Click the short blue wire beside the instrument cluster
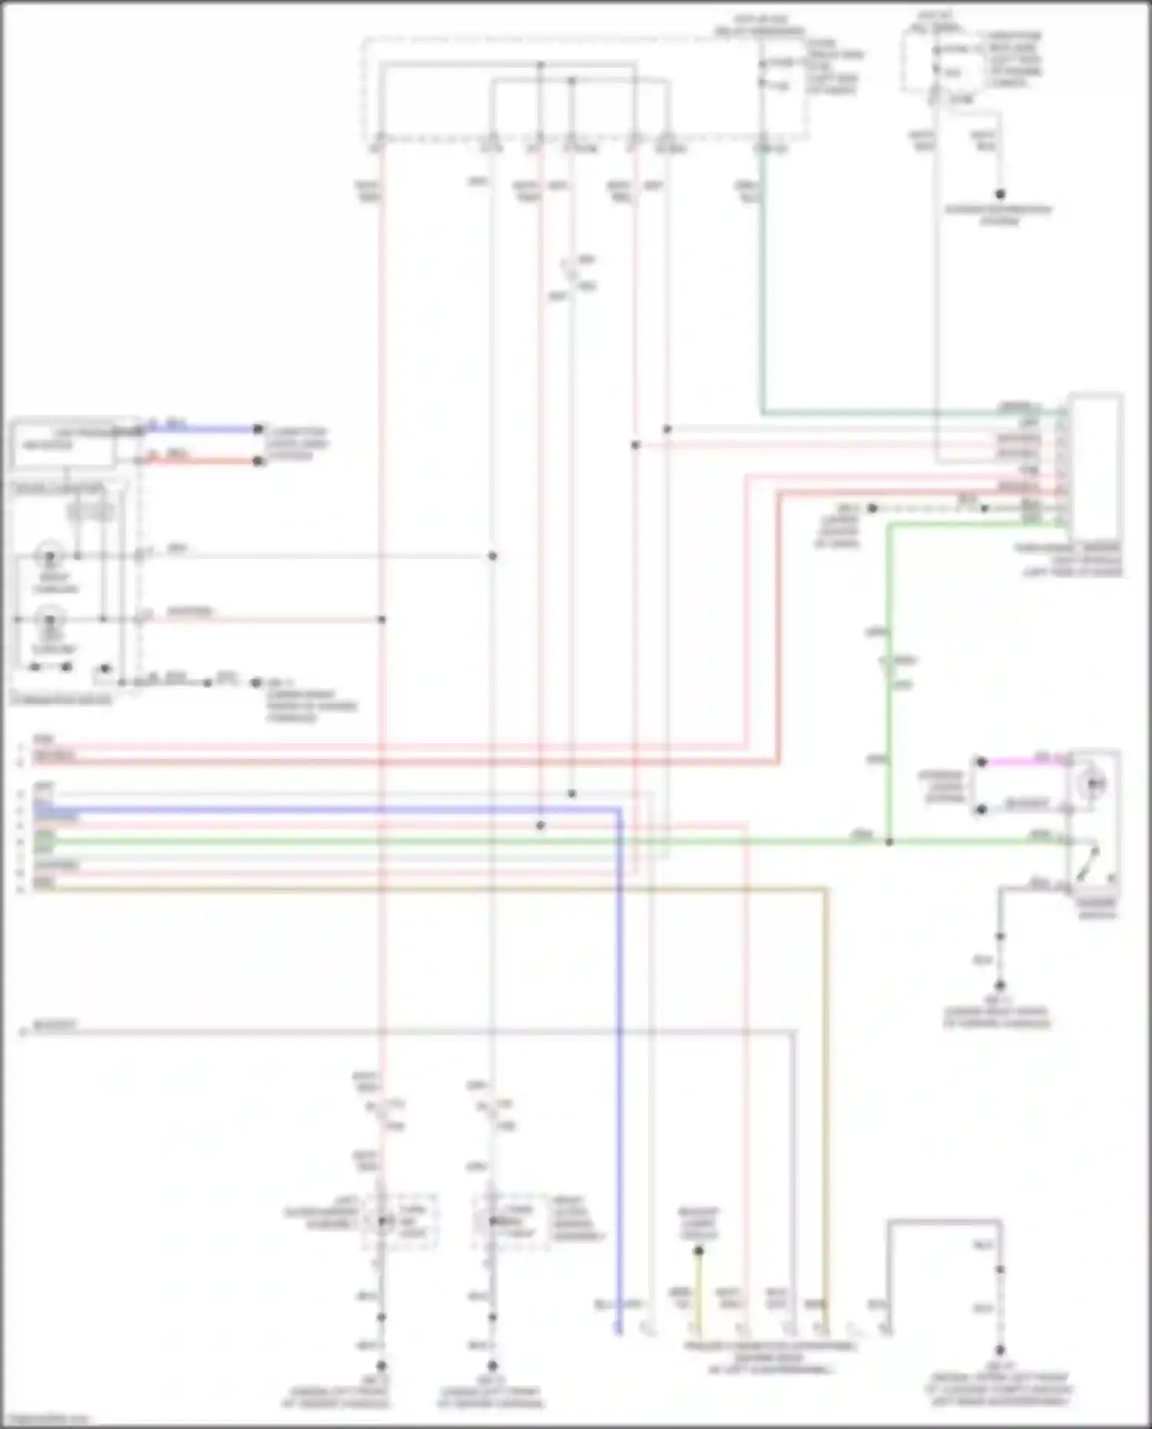tap(200, 428)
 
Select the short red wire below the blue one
tap(200, 461)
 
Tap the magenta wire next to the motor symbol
tap(1021, 762)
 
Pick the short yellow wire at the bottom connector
tap(697, 1290)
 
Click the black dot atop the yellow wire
tap(698, 1251)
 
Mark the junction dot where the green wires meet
tap(889, 842)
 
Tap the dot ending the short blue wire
tap(259, 428)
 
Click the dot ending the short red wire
tap(259, 461)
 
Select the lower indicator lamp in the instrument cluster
tap(51, 619)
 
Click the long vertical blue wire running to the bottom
tap(619, 1075)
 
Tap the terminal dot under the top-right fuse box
tap(1000, 194)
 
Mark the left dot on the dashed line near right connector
tap(872, 508)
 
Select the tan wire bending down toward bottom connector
tap(826, 1075)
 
